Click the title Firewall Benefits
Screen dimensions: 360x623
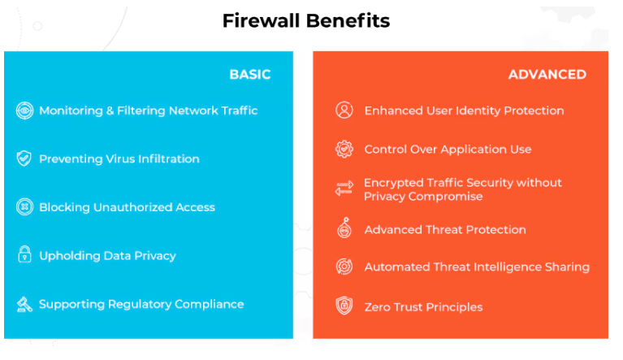point(305,21)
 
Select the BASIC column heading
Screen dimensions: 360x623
point(249,75)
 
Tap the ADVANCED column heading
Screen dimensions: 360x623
point(547,75)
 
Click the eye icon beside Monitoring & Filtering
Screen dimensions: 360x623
point(24,111)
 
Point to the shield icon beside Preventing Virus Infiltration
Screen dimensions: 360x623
point(24,158)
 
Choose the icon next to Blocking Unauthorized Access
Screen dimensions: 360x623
point(24,207)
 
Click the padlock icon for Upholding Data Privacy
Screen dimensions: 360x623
point(24,255)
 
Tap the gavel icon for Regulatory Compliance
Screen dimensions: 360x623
point(24,304)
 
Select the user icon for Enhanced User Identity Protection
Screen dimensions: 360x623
point(344,111)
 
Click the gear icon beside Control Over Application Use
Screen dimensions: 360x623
point(344,150)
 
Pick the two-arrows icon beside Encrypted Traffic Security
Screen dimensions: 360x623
point(344,189)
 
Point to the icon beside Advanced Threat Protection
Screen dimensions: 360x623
point(344,229)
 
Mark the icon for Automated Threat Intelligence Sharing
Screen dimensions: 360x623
point(344,267)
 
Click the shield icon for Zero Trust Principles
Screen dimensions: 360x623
point(344,306)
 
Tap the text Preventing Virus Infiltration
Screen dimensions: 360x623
point(119,159)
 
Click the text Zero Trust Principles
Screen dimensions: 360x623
point(423,307)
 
